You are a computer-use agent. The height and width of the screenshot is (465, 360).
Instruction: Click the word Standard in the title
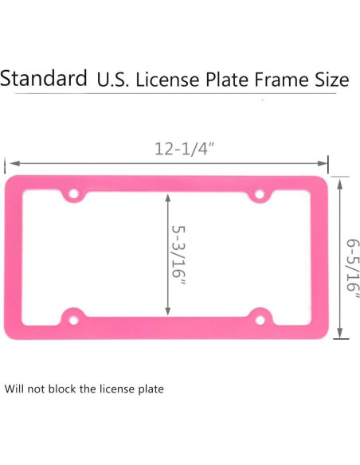coord(44,79)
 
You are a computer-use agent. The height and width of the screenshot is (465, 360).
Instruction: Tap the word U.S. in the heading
coord(113,80)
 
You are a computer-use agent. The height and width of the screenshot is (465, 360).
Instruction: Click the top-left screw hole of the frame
coord(73,193)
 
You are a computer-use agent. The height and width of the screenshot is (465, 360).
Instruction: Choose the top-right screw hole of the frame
coord(260,193)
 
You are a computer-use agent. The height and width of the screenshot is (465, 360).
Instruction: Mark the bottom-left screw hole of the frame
coord(73,320)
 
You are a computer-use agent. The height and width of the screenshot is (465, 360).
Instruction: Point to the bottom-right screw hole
coord(260,319)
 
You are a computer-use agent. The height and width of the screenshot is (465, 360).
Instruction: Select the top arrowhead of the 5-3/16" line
coord(166,196)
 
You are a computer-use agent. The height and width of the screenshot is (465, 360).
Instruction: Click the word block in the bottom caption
coord(80,389)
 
